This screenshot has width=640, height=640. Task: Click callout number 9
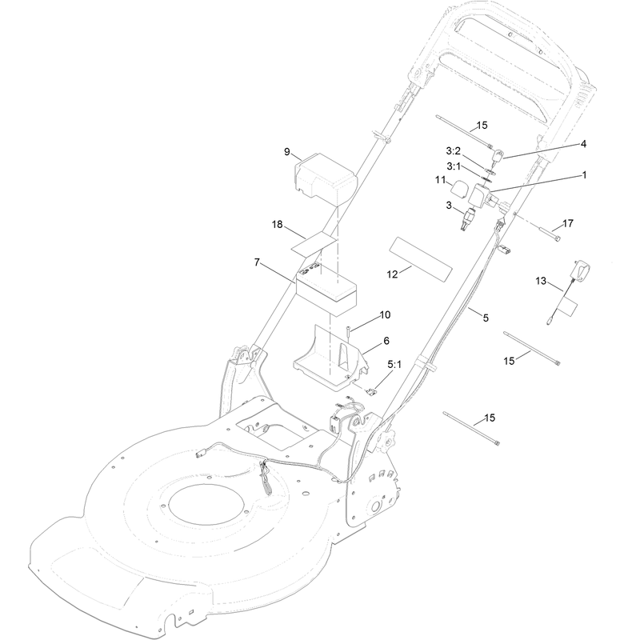coord(287,152)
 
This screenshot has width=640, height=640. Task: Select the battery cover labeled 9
coord(326,178)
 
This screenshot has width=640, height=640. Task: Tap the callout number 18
coord(277,224)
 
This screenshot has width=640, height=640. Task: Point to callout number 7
coord(257,262)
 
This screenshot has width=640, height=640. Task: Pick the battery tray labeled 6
coord(331,355)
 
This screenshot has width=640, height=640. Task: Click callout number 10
coord(385,314)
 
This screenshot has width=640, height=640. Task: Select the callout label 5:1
coord(394,364)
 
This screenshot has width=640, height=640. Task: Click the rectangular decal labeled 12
coord(421,259)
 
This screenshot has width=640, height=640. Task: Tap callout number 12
coord(392,274)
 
